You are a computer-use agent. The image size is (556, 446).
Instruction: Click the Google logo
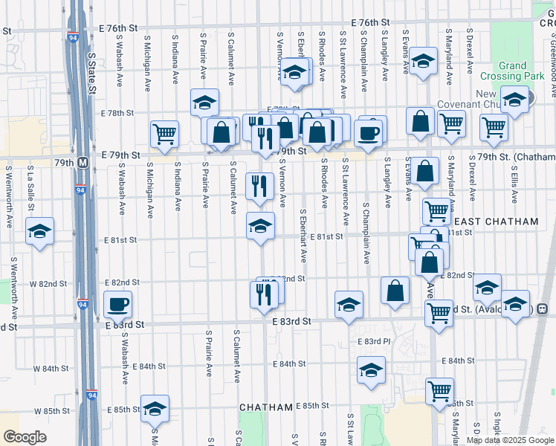tap(25, 437)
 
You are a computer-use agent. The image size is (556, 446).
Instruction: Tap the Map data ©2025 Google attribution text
tap(510, 440)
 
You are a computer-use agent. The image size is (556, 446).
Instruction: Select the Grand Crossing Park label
tap(523, 71)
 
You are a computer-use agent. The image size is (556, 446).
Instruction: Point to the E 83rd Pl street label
tap(373, 342)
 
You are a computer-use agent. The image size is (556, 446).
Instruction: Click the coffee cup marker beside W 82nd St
tap(118, 303)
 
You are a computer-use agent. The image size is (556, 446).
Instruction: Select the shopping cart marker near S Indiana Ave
tap(164, 134)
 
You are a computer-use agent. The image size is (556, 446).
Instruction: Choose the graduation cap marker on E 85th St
tap(155, 408)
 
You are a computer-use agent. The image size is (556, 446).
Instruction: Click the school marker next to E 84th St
tap(371, 369)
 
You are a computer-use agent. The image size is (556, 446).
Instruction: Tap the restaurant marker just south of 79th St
tap(259, 186)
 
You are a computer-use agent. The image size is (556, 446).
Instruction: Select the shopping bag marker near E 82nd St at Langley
tap(395, 290)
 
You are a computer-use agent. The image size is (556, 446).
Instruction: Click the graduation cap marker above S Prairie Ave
tap(204, 103)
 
